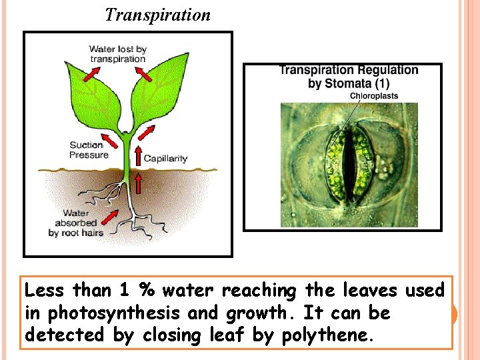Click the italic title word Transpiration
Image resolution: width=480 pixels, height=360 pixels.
pyautogui.click(x=157, y=15)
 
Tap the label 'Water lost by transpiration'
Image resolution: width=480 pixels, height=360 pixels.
pyautogui.click(x=117, y=54)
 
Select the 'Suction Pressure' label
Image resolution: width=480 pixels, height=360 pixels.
pyautogui.click(x=89, y=150)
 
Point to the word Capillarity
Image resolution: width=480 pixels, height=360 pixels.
pyautogui.click(x=165, y=159)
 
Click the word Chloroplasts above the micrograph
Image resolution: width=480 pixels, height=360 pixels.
pyautogui.click(x=374, y=96)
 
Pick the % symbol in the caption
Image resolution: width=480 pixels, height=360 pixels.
pyautogui.click(x=145, y=290)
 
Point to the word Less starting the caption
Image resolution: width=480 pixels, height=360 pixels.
pyautogui.click(x=45, y=290)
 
